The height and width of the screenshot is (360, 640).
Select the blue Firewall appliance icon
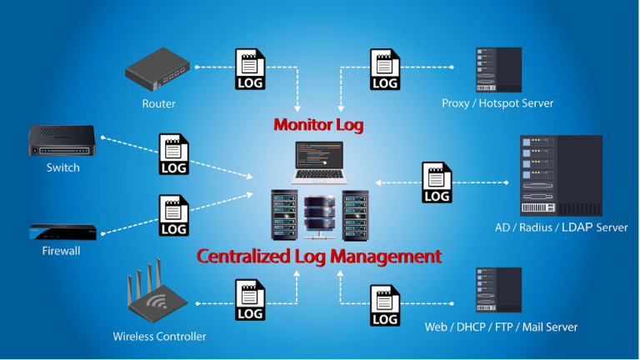pyautogui.click(x=62, y=231)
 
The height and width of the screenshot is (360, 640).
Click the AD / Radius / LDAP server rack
pyautogui.click(x=561, y=176)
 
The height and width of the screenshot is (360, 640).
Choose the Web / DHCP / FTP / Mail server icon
pyautogui.click(x=498, y=290)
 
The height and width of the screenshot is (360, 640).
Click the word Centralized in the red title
pyautogui.click(x=247, y=255)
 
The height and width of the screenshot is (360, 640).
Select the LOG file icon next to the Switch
pyautogui.click(x=173, y=154)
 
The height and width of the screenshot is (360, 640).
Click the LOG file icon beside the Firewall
pyautogui.click(x=173, y=216)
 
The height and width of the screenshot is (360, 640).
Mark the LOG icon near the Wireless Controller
pyautogui.click(x=250, y=300)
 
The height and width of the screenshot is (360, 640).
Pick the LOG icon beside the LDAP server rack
pyautogui.click(x=437, y=182)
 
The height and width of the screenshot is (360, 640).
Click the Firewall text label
pyautogui.click(x=61, y=251)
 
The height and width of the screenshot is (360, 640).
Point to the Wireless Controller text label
pyautogui.click(x=159, y=337)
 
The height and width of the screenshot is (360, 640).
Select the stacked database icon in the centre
pyautogui.click(x=320, y=216)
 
